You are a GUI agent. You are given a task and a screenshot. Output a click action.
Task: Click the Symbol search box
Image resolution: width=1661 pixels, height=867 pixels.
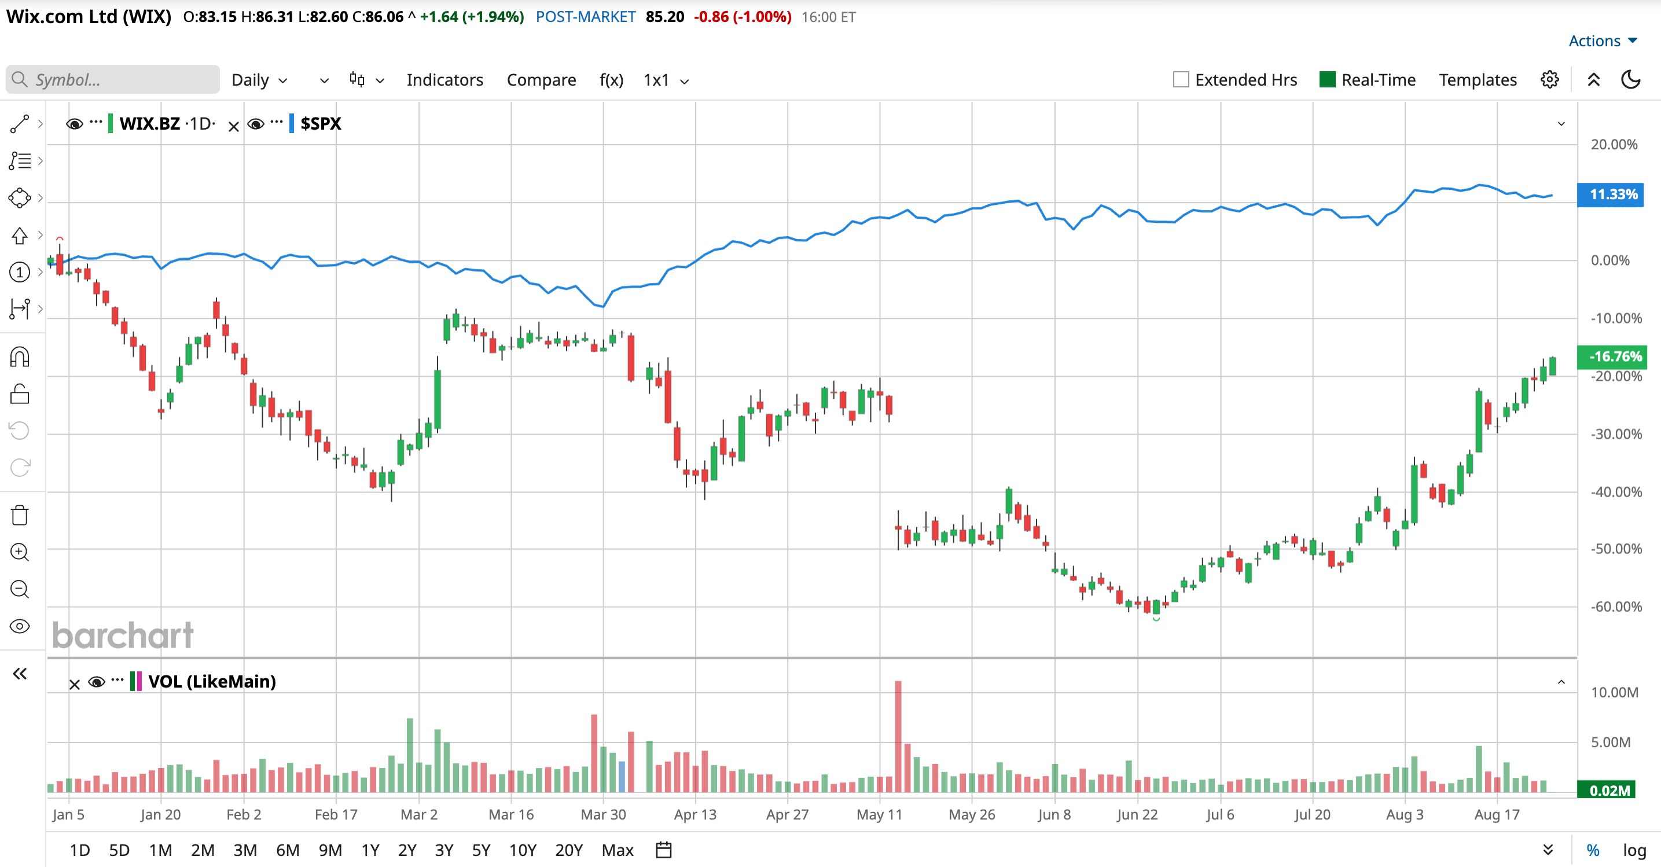113,79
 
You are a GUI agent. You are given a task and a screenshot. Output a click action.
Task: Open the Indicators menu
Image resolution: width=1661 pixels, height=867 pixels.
445,80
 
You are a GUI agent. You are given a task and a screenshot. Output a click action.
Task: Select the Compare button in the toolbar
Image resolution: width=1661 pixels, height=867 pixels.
542,80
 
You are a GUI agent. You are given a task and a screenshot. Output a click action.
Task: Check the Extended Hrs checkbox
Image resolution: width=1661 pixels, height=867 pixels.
1181,79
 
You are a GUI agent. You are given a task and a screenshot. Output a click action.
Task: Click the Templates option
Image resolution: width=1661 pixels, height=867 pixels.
1478,80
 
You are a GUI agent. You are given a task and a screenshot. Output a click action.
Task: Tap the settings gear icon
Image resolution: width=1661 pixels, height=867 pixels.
1550,79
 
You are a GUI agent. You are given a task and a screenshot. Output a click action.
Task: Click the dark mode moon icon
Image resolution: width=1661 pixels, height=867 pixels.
1631,79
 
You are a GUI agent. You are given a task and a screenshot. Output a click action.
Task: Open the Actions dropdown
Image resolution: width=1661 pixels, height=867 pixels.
1603,41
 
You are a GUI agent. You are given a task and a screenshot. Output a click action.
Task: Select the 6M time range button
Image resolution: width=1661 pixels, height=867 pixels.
288,850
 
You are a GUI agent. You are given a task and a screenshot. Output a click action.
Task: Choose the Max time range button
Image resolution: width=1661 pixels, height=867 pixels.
618,850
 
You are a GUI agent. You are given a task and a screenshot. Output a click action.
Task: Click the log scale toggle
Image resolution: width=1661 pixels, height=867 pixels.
1634,850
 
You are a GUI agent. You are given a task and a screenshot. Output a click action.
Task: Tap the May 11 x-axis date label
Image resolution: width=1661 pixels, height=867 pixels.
879,814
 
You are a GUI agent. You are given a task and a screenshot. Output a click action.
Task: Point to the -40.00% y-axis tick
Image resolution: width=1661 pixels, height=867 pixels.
1616,492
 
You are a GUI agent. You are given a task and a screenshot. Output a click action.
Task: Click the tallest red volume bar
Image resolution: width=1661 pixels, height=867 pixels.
898,736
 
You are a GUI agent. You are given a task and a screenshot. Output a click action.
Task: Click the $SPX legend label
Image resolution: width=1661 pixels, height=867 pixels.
321,123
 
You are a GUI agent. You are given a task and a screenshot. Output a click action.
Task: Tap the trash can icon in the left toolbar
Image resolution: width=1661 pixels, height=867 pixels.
20,515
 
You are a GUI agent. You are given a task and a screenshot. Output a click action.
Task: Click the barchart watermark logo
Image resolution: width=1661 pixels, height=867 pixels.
123,635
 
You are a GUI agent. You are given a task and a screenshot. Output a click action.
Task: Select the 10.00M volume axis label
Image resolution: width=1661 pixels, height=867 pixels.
1615,692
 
